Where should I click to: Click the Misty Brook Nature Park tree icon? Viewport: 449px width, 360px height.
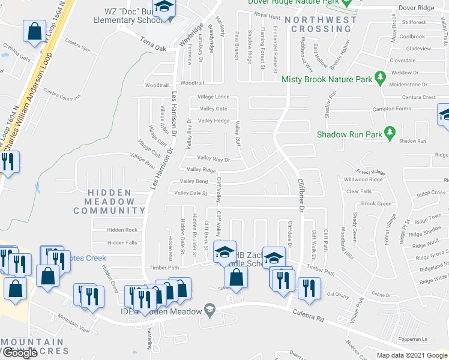point(379,78)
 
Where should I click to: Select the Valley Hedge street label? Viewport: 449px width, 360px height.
point(214,121)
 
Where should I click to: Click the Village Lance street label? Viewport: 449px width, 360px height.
point(214,97)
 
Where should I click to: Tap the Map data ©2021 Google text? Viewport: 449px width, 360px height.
point(411,355)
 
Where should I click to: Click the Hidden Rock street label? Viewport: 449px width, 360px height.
point(122,230)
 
